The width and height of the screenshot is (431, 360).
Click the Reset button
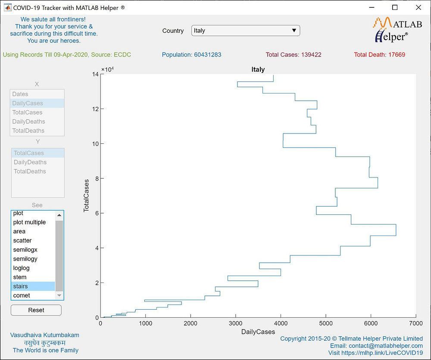click(x=36, y=310)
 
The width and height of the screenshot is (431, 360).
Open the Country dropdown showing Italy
click(x=245, y=31)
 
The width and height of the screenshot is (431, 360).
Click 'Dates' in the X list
click(x=37, y=94)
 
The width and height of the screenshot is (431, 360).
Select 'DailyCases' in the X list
click(x=37, y=103)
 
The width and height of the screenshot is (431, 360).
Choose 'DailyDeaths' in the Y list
click(x=37, y=162)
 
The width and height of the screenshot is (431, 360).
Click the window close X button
click(x=418, y=7)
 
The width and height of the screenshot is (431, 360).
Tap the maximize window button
click(x=395, y=7)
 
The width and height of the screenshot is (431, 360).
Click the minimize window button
click(x=372, y=7)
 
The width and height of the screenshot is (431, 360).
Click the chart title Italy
click(x=258, y=69)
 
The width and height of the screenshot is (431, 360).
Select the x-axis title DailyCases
click(x=258, y=332)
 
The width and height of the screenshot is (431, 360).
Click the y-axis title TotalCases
click(x=86, y=196)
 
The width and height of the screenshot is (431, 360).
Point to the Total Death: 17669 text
click(x=379, y=55)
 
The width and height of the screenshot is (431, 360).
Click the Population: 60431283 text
click(x=191, y=55)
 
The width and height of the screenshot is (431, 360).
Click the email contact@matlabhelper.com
click(x=376, y=346)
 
